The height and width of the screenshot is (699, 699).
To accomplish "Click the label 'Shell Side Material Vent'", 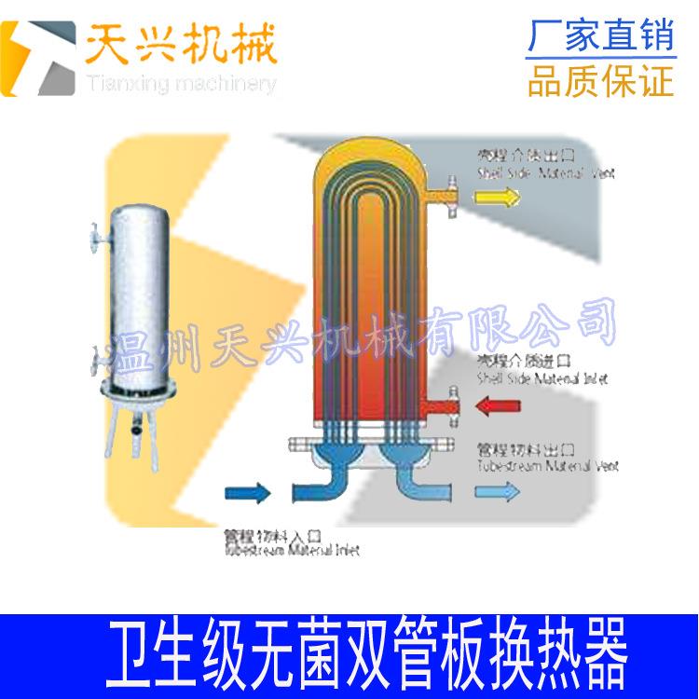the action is (546, 173).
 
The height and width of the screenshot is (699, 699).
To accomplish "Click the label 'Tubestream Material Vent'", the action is (546, 464).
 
